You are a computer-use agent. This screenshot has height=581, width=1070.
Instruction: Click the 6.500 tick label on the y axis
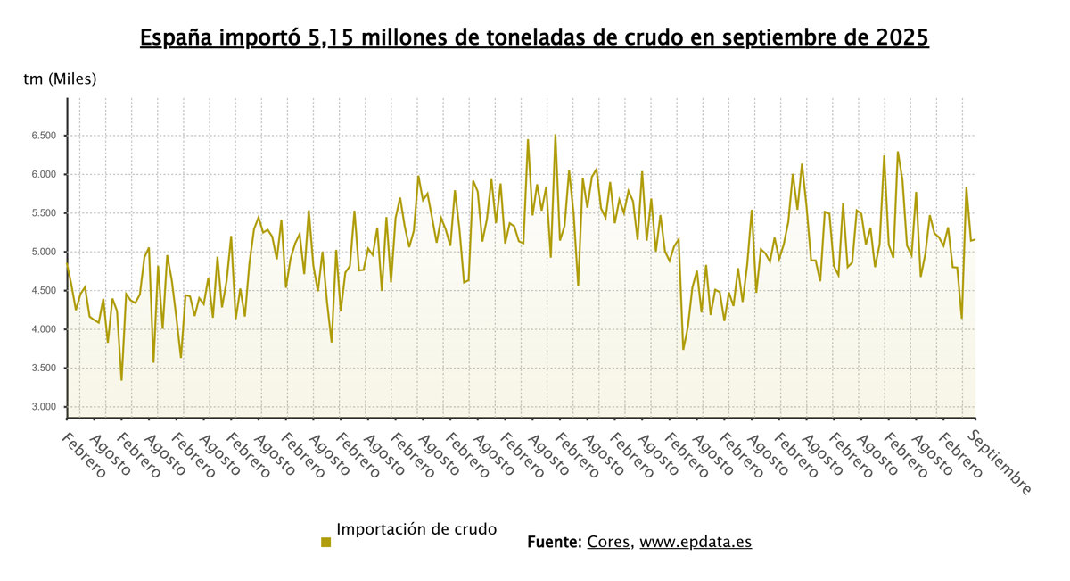pyautogui.click(x=42, y=136)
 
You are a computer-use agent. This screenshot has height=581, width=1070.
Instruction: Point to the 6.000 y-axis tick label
pyautogui.click(x=42, y=174)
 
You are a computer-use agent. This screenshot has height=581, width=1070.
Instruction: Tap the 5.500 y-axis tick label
pyautogui.click(x=42, y=213)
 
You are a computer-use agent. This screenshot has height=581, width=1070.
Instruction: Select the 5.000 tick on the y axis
pyautogui.click(x=42, y=252)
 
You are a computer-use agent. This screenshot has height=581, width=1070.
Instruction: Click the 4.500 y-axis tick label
pyautogui.click(x=42, y=291)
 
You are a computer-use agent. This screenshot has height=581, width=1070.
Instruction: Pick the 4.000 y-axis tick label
pyautogui.click(x=42, y=329)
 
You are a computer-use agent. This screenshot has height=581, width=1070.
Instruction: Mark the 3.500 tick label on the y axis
pyautogui.click(x=42, y=369)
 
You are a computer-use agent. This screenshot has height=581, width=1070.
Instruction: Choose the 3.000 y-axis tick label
pyautogui.click(x=42, y=407)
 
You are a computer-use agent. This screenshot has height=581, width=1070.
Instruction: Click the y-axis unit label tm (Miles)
pyautogui.click(x=60, y=79)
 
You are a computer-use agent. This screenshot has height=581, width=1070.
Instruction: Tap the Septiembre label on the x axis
pyautogui.click(x=1000, y=462)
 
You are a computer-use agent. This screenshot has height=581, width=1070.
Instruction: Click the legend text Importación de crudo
pyautogui.click(x=416, y=529)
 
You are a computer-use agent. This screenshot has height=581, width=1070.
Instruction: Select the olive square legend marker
pyautogui.click(x=325, y=542)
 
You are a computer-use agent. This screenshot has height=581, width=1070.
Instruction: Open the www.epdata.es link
pyautogui.click(x=695, y=542)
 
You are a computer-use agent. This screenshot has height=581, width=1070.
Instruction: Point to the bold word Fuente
pyautogui.click(x=553, y=542)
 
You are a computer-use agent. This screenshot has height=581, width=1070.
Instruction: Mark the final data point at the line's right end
pyautogui.click(x=975, y=239)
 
